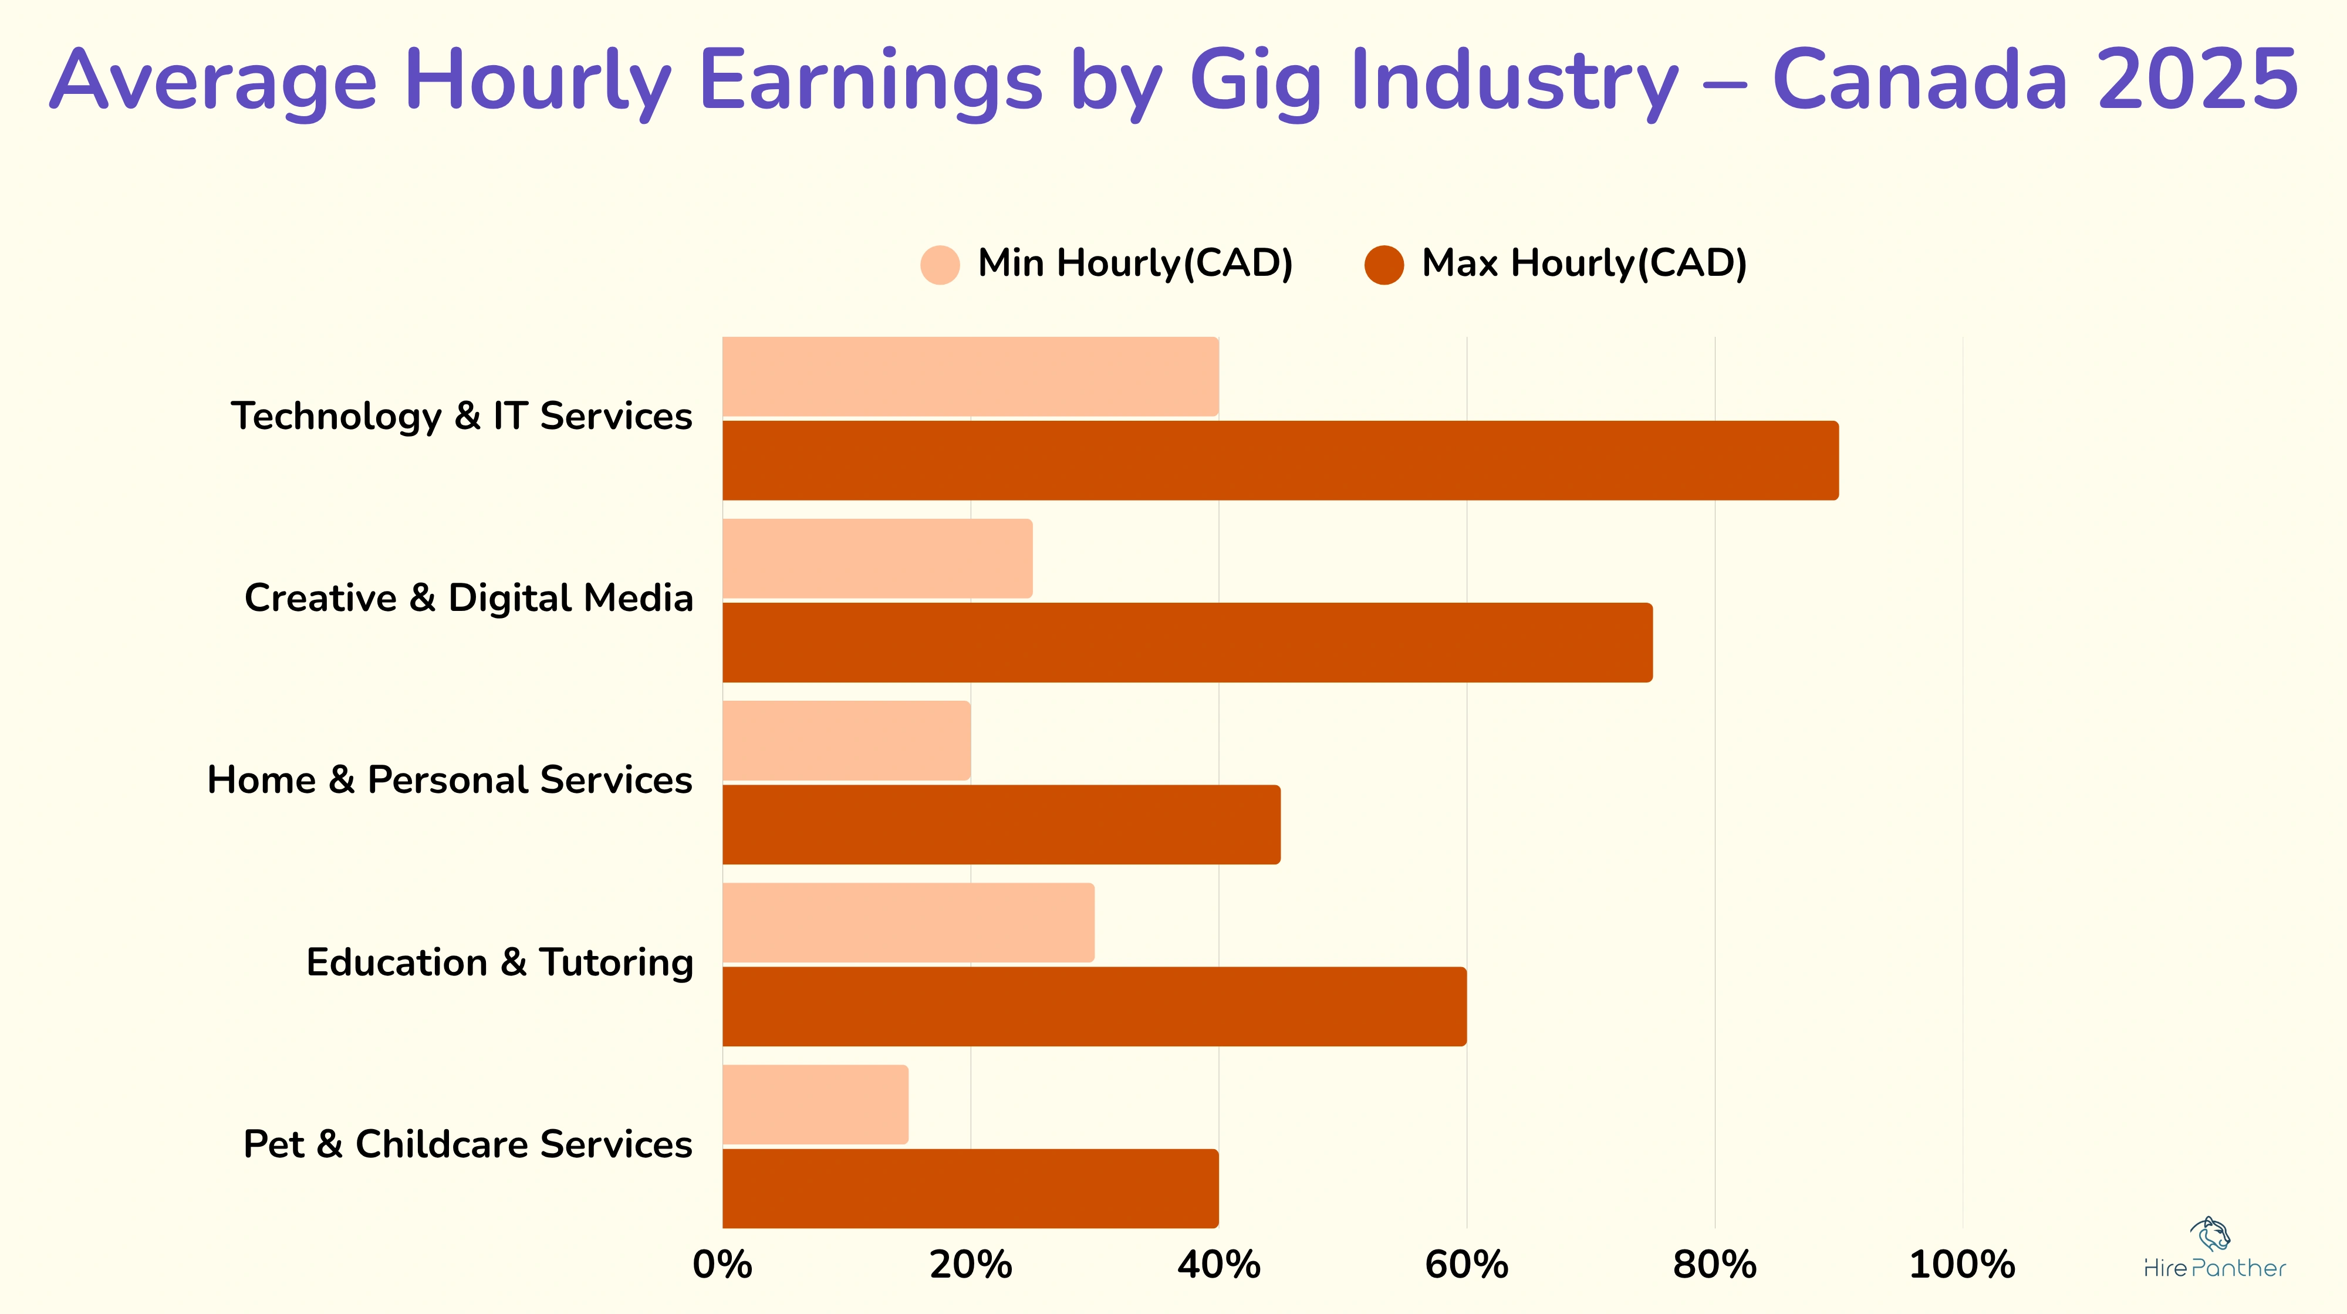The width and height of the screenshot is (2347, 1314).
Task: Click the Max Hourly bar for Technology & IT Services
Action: click(1280, 460)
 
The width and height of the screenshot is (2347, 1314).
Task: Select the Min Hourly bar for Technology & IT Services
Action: click(970, 376)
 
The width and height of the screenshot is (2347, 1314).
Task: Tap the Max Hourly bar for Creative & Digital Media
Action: click(1187, 643)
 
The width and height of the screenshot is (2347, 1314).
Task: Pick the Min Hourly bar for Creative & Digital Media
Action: click(877, 559)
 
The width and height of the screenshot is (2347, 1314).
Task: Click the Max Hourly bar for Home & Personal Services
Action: click(1001, 825)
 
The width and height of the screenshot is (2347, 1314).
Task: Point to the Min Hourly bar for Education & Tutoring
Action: click(909, 922)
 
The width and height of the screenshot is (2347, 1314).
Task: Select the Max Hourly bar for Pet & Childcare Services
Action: click(970, 1188)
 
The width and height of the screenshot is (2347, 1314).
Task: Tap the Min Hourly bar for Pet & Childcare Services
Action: click(815, 1104)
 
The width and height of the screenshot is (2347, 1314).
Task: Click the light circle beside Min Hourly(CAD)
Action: click(940, 265)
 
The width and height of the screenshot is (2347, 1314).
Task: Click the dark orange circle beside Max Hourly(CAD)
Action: click(1383, 265)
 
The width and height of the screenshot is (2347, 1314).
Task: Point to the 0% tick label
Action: click(722, 1265)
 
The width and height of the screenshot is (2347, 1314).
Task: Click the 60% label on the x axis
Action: click(1466, 1265)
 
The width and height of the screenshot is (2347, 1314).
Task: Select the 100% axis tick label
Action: click(1961, 1265)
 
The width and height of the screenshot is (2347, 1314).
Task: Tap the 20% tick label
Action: click(970, 1265)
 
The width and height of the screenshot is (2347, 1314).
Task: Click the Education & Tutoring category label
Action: click(499, 962)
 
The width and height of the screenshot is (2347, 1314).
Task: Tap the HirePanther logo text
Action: click(2214, 1268)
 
